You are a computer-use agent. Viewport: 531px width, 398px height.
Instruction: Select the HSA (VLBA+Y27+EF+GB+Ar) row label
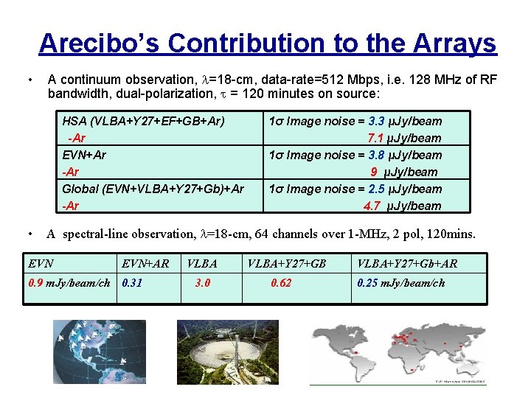[144, 121]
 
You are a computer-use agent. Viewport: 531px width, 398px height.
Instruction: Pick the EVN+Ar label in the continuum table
[84, 155]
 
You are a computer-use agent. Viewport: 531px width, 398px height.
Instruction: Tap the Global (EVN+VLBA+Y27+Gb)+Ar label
[153, 189]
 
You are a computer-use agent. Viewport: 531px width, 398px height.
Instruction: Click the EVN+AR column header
[145, 263]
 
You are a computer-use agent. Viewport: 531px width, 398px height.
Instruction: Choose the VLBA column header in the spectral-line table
[202, 263]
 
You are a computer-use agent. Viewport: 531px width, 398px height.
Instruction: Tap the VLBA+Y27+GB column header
[287, 263]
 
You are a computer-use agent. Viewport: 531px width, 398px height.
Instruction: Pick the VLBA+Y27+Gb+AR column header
[407, 263]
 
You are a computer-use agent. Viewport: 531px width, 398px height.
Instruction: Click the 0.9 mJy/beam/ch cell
[69, 283]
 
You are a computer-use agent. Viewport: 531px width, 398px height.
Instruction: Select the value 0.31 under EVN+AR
[133, 283]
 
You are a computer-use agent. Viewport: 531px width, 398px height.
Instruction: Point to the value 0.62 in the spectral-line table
[281, 283]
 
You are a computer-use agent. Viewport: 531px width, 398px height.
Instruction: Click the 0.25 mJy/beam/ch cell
[401, 283]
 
